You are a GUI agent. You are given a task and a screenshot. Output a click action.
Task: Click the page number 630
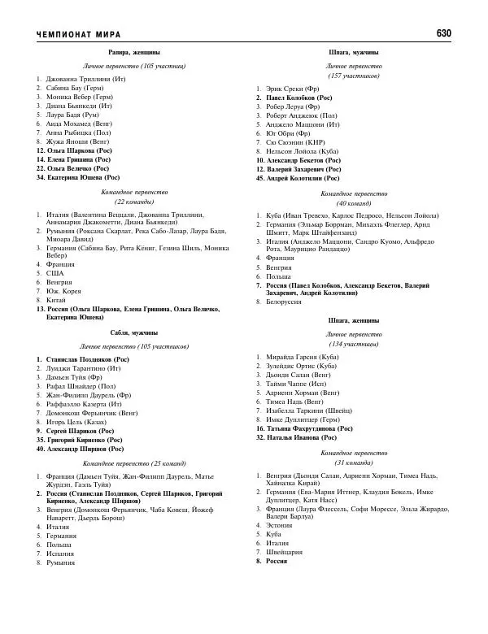click(443, 33)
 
